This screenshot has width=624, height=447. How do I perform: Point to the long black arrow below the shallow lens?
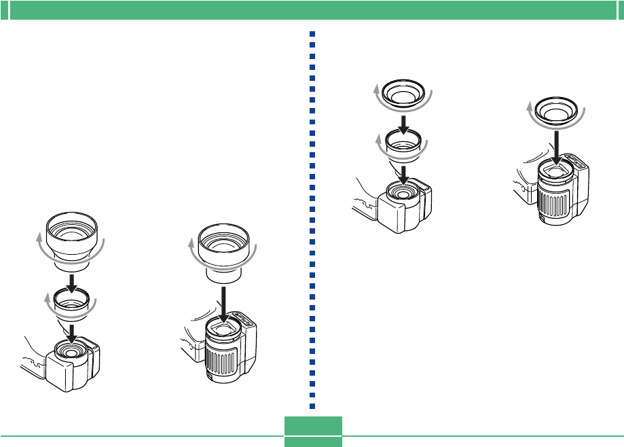pos(556,144)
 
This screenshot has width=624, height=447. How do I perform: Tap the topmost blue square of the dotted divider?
pos(312,34)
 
